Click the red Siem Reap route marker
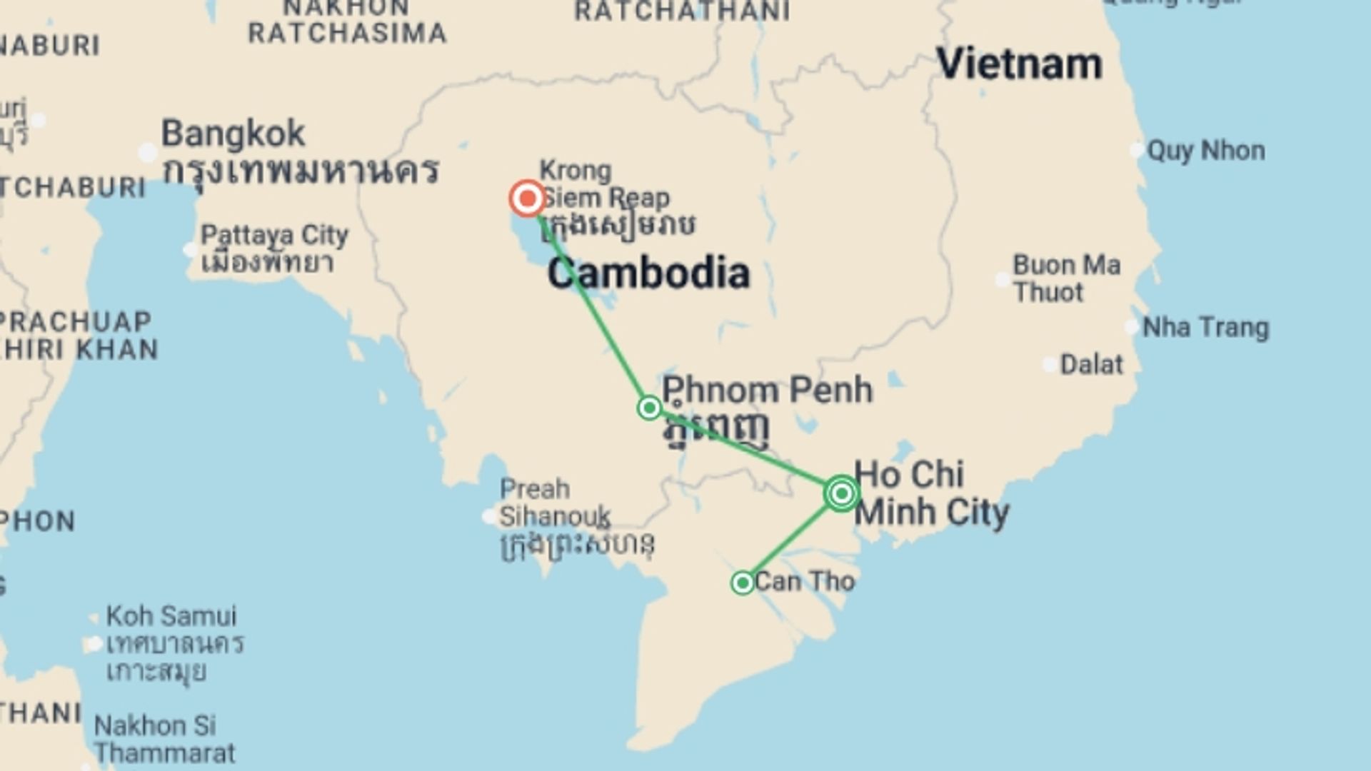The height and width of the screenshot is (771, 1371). (527, 198)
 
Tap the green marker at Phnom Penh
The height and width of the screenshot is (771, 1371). (649, 408)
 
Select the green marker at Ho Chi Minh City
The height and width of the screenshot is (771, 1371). (841, 493)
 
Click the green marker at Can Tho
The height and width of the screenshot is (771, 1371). (743, 583)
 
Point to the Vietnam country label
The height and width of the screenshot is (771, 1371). (1019, 64)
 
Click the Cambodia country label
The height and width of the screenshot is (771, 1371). (648, 273)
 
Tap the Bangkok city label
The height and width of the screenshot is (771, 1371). (233, 133)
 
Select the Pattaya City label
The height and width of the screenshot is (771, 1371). (274, 235)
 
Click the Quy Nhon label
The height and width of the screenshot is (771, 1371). (1205, 151)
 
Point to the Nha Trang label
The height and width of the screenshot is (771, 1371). (1205, 328)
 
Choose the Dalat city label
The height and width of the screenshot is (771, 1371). (1091, 365)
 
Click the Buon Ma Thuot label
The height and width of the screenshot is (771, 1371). (1066, 278)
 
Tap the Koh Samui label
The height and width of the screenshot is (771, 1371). (171, 615)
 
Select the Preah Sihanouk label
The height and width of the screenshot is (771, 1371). (554, 503)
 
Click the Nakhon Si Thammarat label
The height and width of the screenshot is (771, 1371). (164, 739)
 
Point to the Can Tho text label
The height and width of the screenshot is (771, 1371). (804, 582)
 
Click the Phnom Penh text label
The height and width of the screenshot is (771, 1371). (767, 390)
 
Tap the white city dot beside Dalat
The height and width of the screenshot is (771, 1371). (1050, 366)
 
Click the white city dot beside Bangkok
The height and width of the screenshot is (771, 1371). (148, 152)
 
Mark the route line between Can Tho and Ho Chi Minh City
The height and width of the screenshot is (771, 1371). (791, 539)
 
